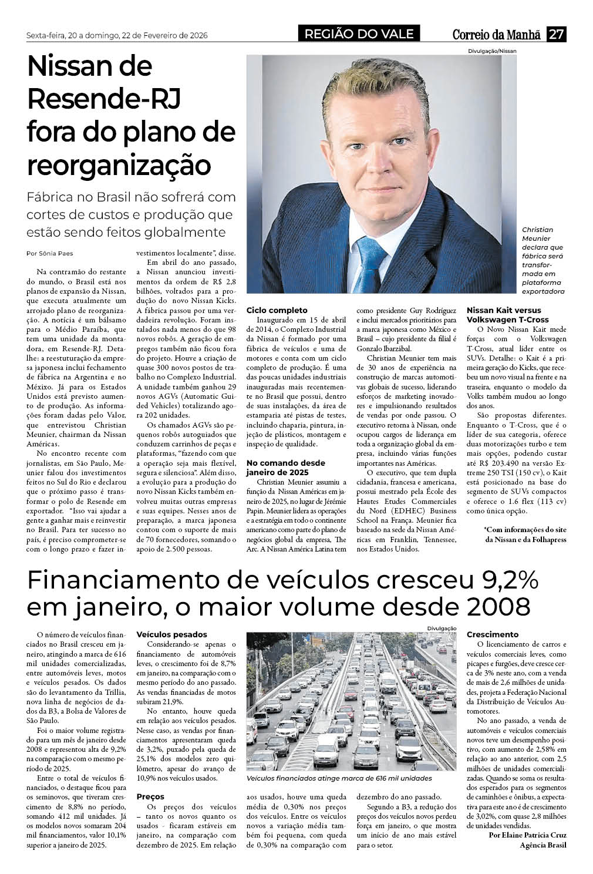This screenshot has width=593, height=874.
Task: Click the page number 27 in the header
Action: point(556,34)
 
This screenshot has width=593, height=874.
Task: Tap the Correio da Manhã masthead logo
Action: point(496,35)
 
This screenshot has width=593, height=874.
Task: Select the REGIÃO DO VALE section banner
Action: point(359,34)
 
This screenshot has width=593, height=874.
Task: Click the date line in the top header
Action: point(117,35)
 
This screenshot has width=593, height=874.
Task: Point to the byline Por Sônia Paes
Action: point(50,253)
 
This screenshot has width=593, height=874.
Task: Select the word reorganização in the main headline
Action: point(119,165)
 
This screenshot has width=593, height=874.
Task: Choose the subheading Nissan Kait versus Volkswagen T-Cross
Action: point(507,315)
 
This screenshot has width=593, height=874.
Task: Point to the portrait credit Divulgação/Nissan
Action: point(492,51)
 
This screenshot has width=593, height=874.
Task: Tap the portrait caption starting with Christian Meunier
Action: point(543,260)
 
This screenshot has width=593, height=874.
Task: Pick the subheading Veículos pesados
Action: point(171,634)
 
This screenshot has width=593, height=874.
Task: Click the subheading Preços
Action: point(150,797)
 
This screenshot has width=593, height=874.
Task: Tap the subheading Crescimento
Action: point(493,634)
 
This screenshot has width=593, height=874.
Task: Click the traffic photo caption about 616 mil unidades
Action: point(339,778)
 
